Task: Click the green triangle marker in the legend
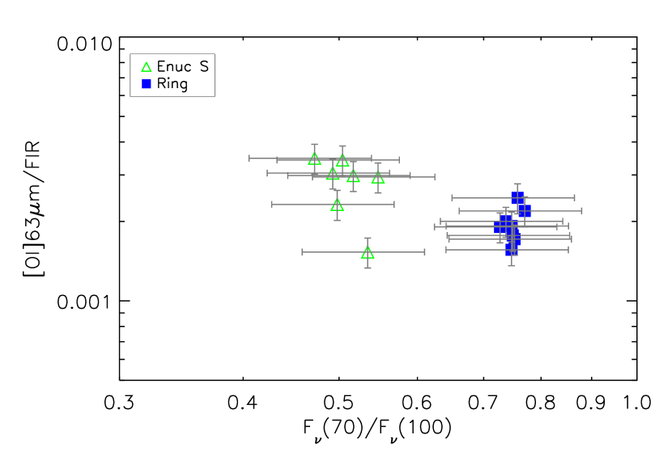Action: [x=147, y=67]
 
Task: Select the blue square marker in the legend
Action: [x=147, y=84]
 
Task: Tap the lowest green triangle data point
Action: [x=368, y=252]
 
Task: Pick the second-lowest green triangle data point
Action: [x=337, y=205]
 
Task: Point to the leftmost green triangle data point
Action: [x=314, y=158]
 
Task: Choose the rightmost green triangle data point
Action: [x=378, y=177]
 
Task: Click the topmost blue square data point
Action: [x=517, y=198]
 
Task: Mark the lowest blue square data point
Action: [x=511, y=250]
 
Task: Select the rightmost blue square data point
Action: [x=524, y=211]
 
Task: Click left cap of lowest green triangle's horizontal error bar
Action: [x=302, y=252]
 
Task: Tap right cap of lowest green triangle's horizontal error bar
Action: [x=425, y=252]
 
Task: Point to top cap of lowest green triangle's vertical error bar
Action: [x=368, y=239]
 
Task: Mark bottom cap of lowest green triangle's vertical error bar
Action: [x=368, y=268]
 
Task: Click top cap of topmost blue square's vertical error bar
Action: [x=517, y=184]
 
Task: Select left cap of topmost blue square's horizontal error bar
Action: [x=452, y=198]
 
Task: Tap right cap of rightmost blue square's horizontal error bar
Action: [x=582, y=211]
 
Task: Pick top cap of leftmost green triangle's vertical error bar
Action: [x=314, y=145]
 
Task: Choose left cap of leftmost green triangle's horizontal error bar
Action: [x=249, y=158]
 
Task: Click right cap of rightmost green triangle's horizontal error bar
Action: [x=435, y=177]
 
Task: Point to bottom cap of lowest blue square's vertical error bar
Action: [x=511, y=265]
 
